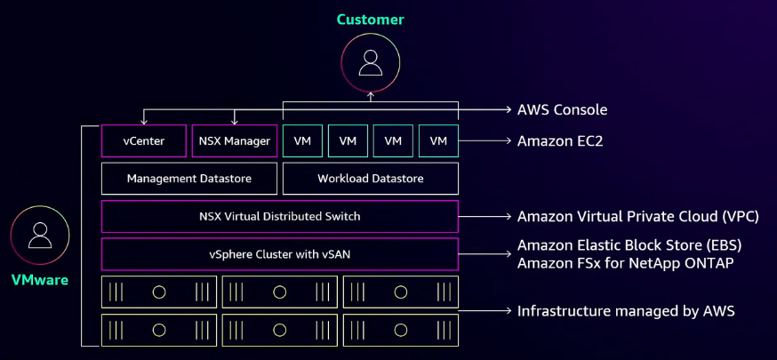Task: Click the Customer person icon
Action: (370, 62)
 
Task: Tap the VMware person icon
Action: (39, 236)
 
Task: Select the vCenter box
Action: (145, 140)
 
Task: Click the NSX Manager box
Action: (235, 140)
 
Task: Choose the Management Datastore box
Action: (188, 179)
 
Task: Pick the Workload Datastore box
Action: (370, 179)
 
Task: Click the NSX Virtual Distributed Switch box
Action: (279, 216)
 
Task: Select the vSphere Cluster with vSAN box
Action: (279, 254)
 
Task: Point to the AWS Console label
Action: (562, 110)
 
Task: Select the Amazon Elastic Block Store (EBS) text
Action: (629, 245)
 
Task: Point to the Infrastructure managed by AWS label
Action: (625, 311)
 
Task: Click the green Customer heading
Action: (370, 19)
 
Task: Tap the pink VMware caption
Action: (39, 280)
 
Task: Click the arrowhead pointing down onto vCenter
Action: (145, 121)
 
